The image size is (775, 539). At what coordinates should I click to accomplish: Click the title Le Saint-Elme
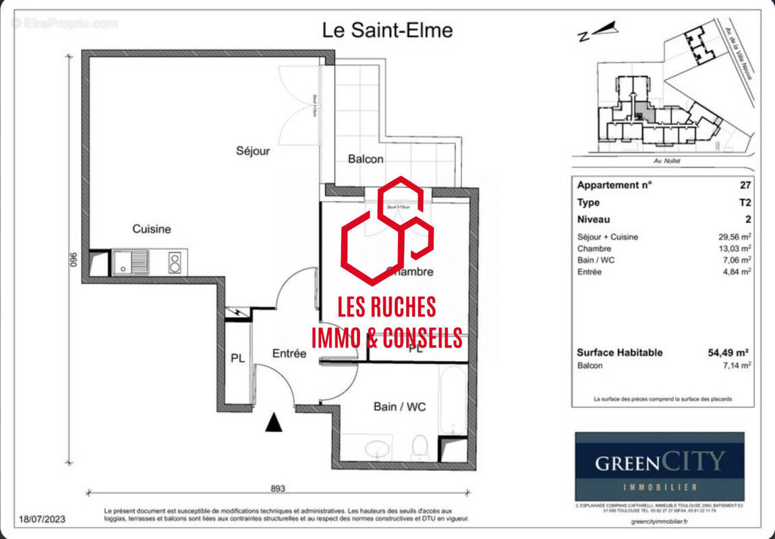pyautogui.click(x=387, y=30)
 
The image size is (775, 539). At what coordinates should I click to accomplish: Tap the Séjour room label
pyautogui.click(x=252, y=151)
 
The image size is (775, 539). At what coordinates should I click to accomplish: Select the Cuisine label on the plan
pyautogui.click(x=151, y=229)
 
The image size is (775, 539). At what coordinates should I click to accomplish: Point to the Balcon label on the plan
pyautogui.click(x=366, y=159)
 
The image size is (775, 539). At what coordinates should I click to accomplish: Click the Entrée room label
pyautogui.click(x=289, y=353)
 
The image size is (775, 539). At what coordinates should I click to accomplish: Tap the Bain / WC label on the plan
pyautogui.click(x=399, y=406)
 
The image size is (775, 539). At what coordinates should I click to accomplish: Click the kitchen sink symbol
pyautogui.click(x=131, y=262)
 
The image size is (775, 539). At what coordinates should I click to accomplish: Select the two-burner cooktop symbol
pyautogui.click(x=174, y=262)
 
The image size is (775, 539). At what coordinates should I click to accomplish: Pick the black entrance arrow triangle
pyautogui.click(x=273, y=423)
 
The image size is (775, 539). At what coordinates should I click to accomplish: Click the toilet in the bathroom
pyautogui.click(x=420, y=447)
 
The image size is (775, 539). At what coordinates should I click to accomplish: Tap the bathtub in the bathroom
pyautogui.click(x=451, y=400)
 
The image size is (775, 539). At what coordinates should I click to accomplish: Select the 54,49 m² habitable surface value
pyautogui.click(x=731, y=352)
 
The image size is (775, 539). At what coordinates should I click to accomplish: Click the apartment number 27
pyautogui.click(x=745, y=185)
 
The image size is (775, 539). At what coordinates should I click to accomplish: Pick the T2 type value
pyautogui.click(x=745, y=202)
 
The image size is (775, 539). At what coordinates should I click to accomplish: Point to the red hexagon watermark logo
pyautogui.click(x=386, y=230)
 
